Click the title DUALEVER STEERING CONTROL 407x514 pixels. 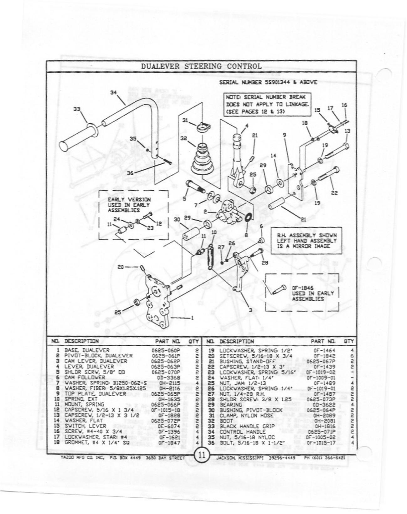(x=201, y=66)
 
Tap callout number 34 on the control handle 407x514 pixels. (x=113, y=92)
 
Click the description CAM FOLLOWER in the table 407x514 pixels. (x=85, y=378)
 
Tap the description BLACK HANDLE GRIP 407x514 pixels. (x=242, y=426)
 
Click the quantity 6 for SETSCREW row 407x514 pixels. (x=352, y=356)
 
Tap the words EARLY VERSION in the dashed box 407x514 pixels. (x=129, y=199)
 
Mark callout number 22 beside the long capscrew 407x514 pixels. (x=334, y=193)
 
